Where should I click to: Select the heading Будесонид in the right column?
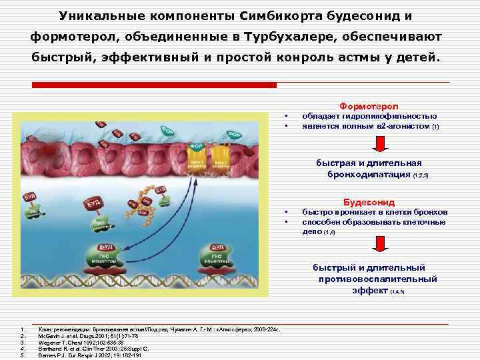(x=369, y=202)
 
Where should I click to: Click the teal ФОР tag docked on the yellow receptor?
(x=197, y=145)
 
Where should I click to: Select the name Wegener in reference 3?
(x=51, y=343)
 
